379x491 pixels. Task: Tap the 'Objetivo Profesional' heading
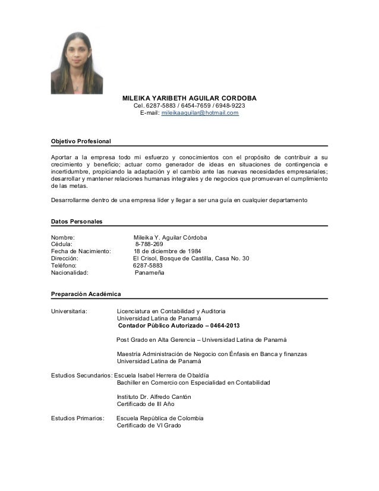tap(81, 141)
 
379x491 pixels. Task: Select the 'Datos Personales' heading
tap(77, 221)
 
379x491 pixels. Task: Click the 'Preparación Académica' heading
tap(86, 294)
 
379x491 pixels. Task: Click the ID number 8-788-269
tap(149, 244)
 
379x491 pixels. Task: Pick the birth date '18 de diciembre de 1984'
tap(167, 251)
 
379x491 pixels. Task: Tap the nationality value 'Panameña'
tap(150, 273)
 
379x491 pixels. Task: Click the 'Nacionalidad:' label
tap(70, 273)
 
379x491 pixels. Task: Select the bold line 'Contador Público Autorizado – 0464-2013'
tap(179, 325)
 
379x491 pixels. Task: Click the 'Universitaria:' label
tap(70, 311)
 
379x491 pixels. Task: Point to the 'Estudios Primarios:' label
tap(77, 418)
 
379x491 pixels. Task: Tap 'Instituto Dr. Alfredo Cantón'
tap(154, 396)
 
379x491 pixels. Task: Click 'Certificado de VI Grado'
tap(149, 425)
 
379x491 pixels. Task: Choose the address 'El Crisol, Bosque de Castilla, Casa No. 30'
tap(191, 258)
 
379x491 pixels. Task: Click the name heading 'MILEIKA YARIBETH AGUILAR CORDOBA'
tap(189, 97)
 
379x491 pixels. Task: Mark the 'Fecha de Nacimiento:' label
tap(81, 251)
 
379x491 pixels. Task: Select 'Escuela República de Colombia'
tap(160, 418)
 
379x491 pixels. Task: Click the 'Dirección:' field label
tap(65, 258)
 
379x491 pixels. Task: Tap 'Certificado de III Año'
tap(146, 404)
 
